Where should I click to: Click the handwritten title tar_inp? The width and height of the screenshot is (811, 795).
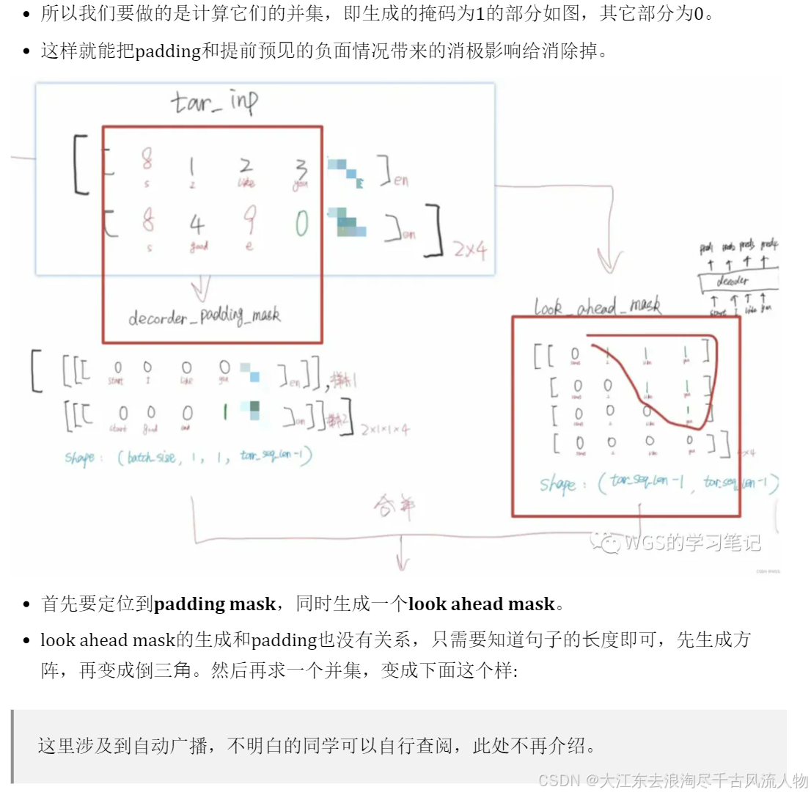pos(215,102)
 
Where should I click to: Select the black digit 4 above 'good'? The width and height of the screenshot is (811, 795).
pos(197,223)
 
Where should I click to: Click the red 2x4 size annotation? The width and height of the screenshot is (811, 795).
pos(469,251)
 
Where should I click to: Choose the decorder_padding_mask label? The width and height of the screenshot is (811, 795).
pos(204,316)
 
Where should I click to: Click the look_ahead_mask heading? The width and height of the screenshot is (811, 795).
pos(597,307)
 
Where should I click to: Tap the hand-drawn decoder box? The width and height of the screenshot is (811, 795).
pos(735,281)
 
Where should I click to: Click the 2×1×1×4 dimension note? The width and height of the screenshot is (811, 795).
pos(384,430)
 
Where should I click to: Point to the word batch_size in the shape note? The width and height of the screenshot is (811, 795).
pos(151,458)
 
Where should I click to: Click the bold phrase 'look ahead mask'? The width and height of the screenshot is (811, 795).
pos(481,604)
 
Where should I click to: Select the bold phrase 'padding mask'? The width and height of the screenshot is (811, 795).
pos(214,604)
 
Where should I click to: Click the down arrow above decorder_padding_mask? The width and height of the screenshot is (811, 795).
pos(200,287)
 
